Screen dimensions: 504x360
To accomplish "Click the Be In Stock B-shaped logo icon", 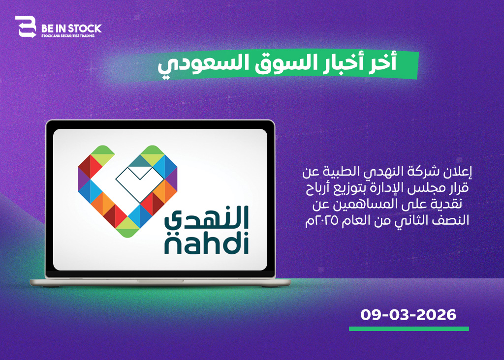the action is coord(26,27).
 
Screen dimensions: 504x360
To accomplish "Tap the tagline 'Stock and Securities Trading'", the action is coord(68,36).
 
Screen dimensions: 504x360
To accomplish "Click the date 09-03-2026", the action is coord(408,315).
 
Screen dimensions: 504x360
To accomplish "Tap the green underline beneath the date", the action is coord(409,329).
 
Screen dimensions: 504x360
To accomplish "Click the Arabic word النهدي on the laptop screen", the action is coord(207,218).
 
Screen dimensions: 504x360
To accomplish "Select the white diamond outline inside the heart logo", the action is coord(140,182).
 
